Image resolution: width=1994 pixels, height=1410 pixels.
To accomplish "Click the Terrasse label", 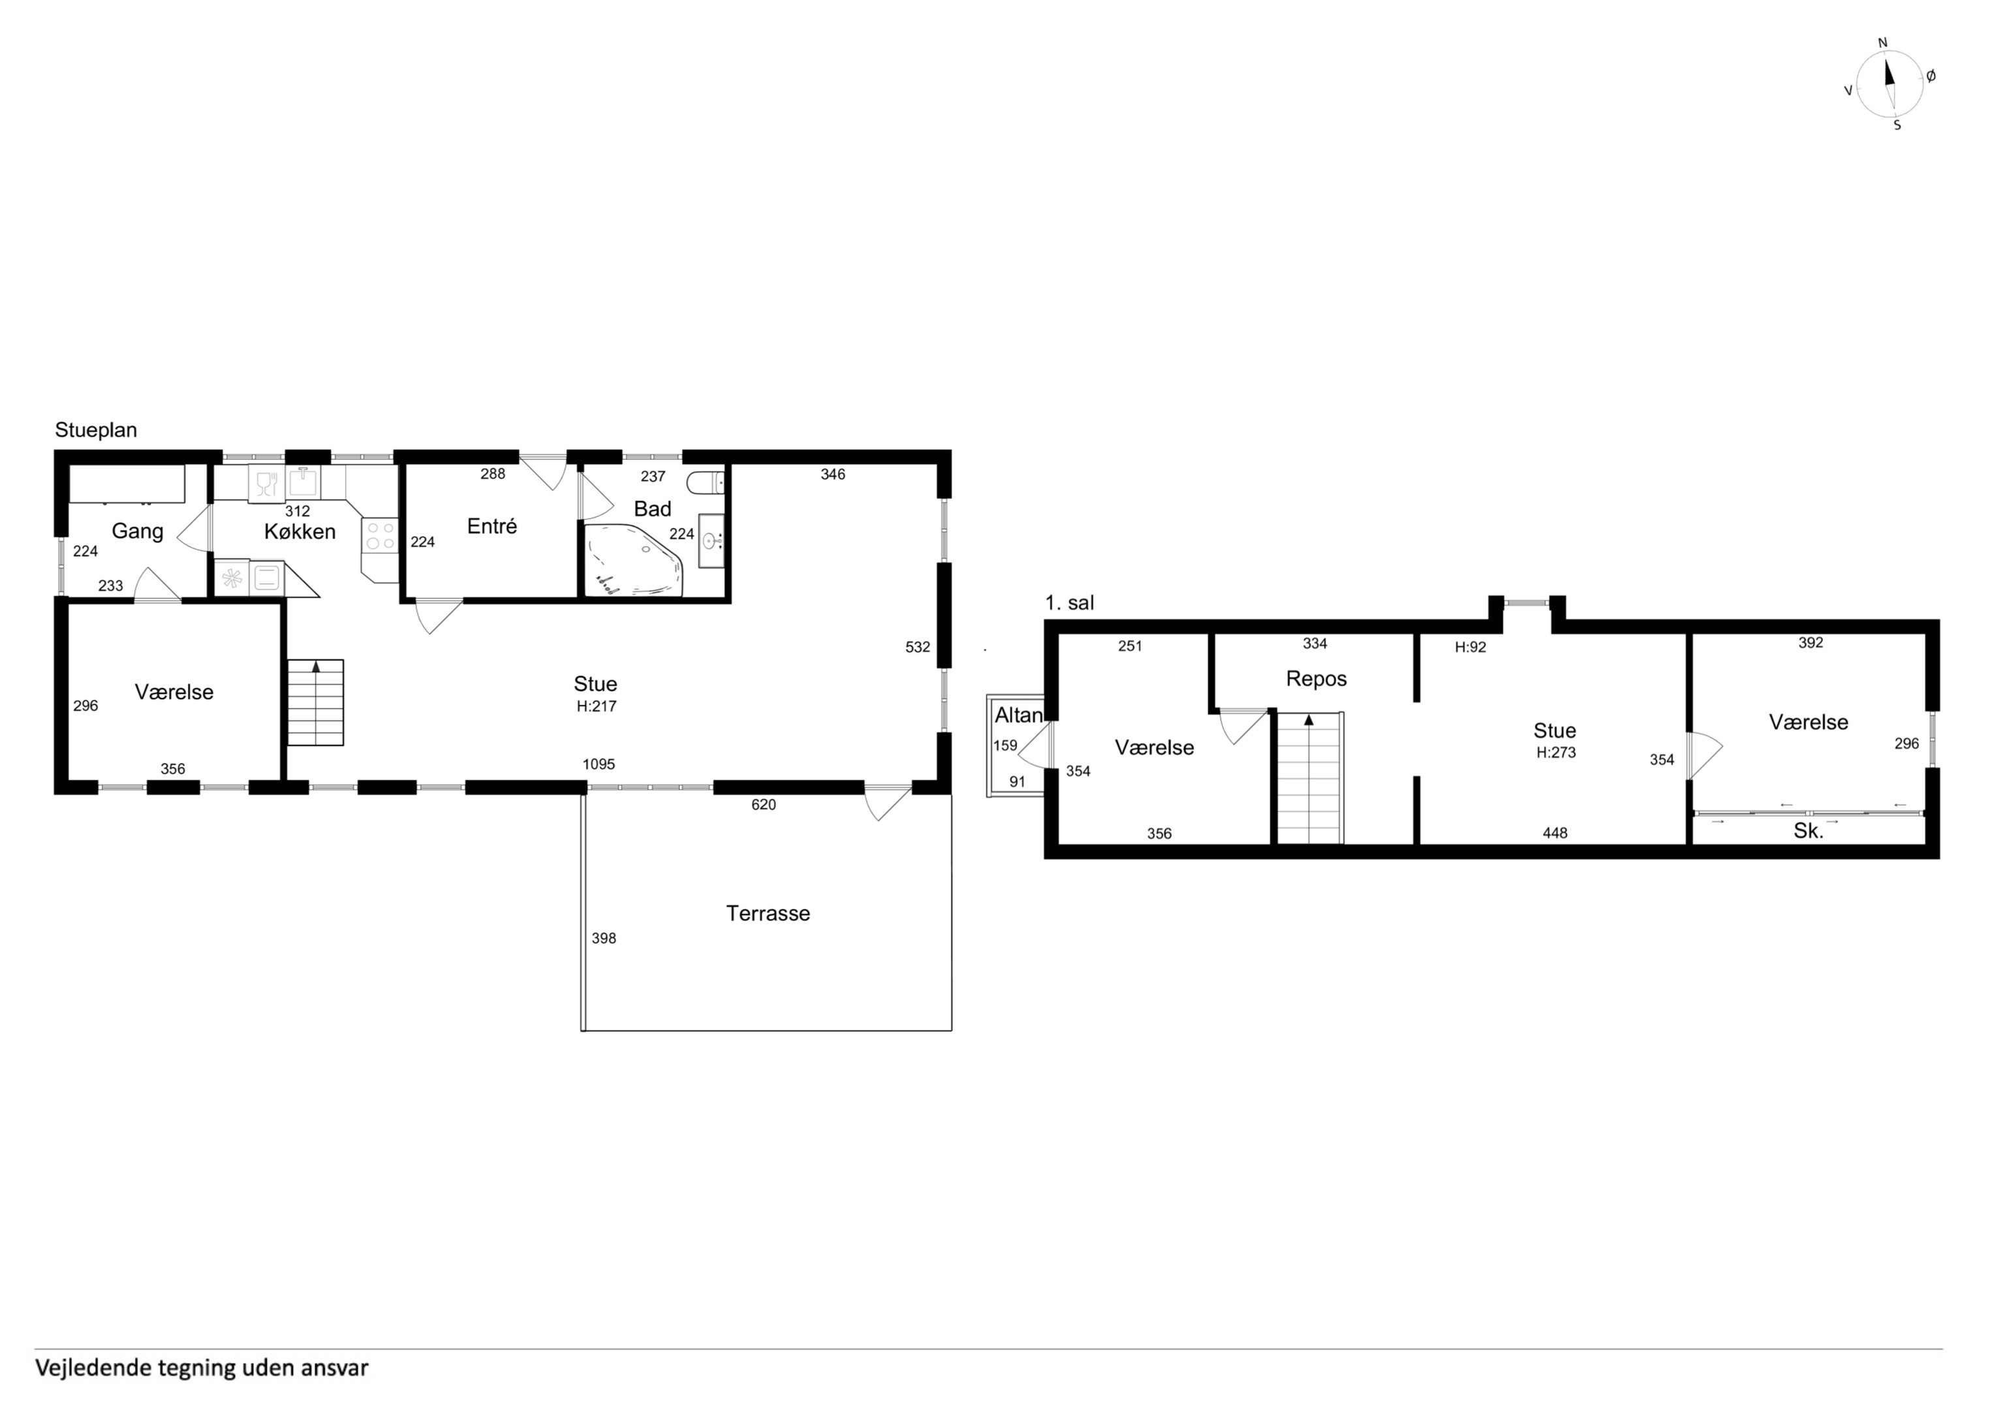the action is click(x=768, y=913).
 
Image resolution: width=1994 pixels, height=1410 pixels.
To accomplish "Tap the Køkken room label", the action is click(x=300, y=531).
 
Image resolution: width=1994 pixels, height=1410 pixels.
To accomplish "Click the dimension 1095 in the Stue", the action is click(x=599, y=764).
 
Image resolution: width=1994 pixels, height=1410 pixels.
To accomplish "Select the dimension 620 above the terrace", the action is click(x=764, y=804).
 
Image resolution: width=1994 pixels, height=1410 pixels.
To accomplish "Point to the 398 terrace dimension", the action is click(x=604, y=938).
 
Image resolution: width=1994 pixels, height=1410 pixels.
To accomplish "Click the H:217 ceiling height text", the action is click(x=596, y=706).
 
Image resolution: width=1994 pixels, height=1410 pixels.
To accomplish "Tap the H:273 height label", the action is click(x=1555, y=753).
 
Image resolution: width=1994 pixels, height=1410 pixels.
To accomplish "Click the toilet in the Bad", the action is click(x=704, y=481).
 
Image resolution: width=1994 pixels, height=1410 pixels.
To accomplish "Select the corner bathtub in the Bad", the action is click(x=635, y=559).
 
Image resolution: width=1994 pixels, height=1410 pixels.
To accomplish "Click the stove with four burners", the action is click(x=379, y=535).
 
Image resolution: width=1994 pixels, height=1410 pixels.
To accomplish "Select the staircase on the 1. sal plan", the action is click(x=1309, y=777).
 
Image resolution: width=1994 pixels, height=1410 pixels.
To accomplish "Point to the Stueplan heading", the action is click(x=95, y=430).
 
